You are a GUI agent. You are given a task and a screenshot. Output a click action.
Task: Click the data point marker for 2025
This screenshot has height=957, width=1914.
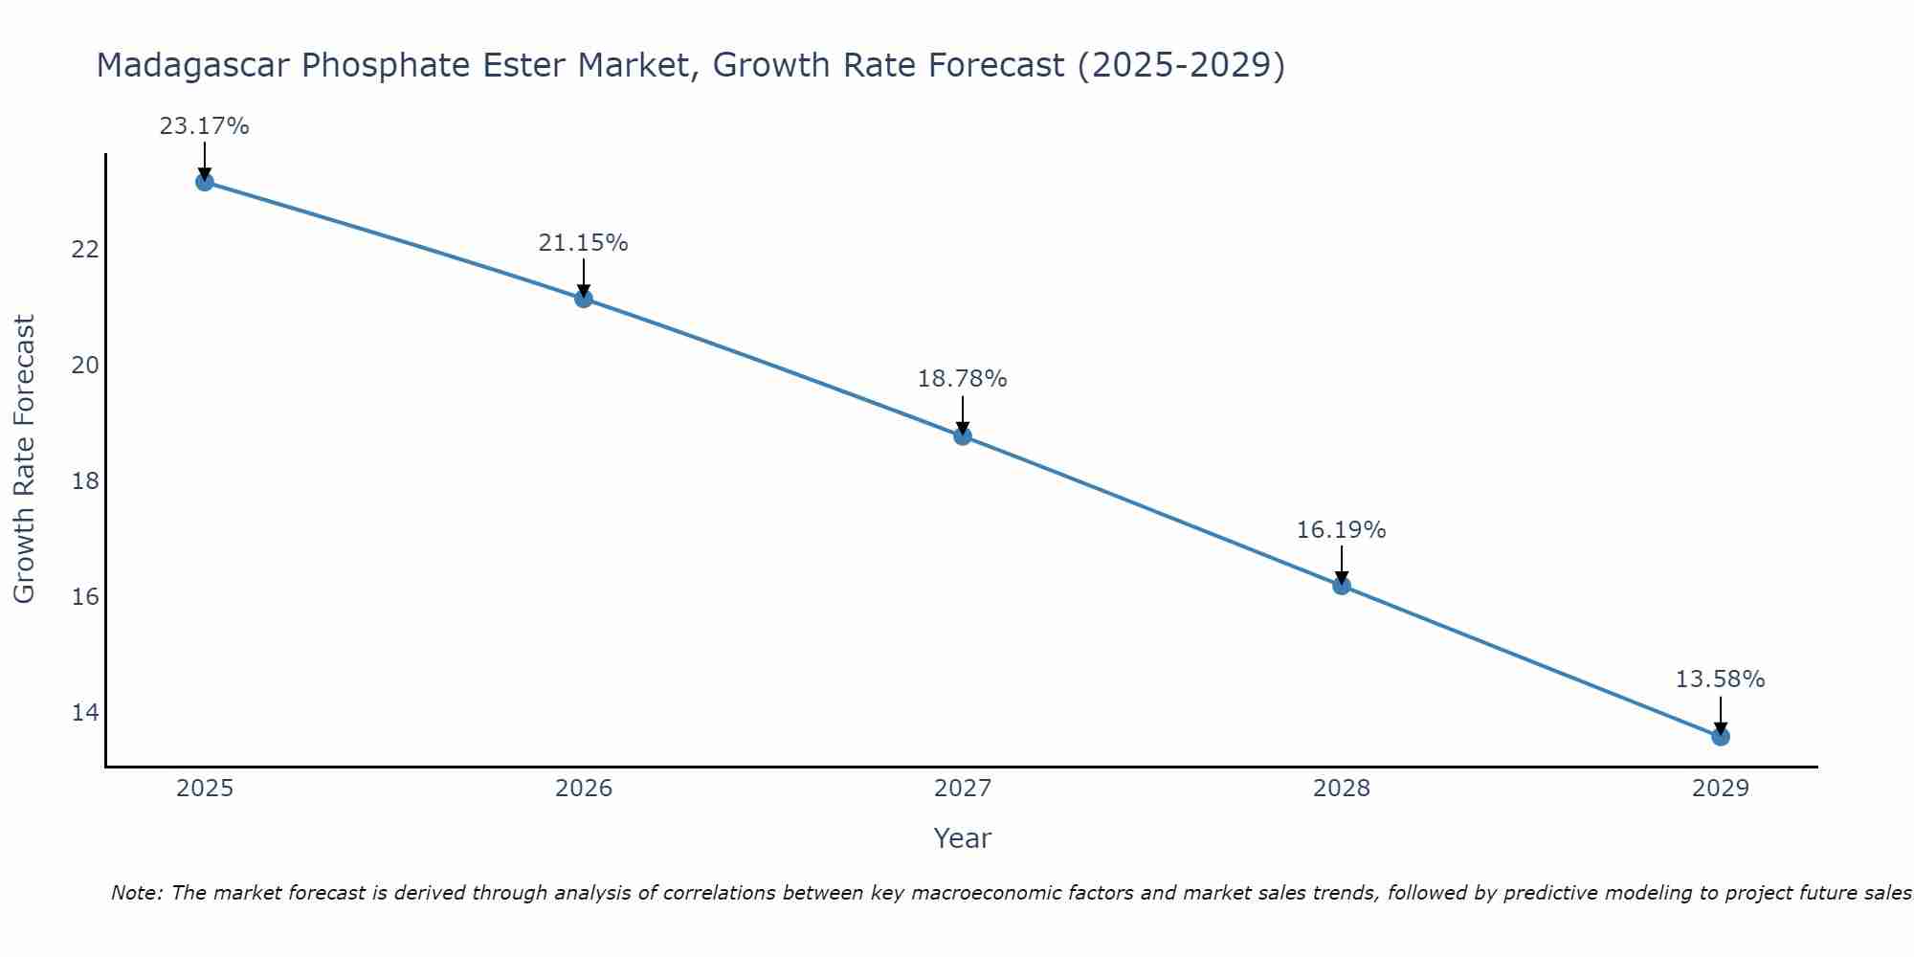205,182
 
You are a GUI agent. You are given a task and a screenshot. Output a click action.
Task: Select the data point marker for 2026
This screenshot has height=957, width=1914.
584,299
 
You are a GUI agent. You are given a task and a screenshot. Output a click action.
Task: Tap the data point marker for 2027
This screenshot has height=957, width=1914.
963,436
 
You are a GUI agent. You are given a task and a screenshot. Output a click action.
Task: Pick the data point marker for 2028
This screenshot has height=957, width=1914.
1342,586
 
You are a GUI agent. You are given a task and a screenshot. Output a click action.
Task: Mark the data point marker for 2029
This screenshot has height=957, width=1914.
1720,737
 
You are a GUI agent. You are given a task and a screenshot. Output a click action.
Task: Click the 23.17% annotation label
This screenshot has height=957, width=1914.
204,126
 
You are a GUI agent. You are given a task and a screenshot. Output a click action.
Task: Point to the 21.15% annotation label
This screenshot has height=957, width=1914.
583,243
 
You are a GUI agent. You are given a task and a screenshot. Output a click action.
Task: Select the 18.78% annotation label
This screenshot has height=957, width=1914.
962,379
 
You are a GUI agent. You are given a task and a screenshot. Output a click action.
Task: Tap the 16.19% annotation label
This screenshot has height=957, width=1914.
1341,530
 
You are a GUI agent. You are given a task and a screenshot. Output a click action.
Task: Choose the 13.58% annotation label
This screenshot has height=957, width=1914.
1720,679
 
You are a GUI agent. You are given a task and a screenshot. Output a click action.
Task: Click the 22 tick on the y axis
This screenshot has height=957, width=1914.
85,250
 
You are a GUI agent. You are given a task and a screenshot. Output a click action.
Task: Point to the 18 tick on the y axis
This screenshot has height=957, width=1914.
85,480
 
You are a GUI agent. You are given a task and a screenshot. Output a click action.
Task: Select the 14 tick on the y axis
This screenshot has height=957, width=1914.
85,712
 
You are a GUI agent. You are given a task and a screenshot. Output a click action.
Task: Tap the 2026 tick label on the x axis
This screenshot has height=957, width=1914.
584,789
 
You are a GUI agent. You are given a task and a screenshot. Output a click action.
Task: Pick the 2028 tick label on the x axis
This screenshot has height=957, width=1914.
1342,789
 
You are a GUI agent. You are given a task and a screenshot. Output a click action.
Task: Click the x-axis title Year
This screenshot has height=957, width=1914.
962,838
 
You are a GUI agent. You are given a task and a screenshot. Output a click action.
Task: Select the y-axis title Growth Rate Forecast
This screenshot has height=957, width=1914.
24,459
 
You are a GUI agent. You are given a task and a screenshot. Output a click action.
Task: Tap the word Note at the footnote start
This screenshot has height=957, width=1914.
136,893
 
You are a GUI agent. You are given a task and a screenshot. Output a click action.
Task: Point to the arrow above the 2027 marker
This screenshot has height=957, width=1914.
963,416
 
